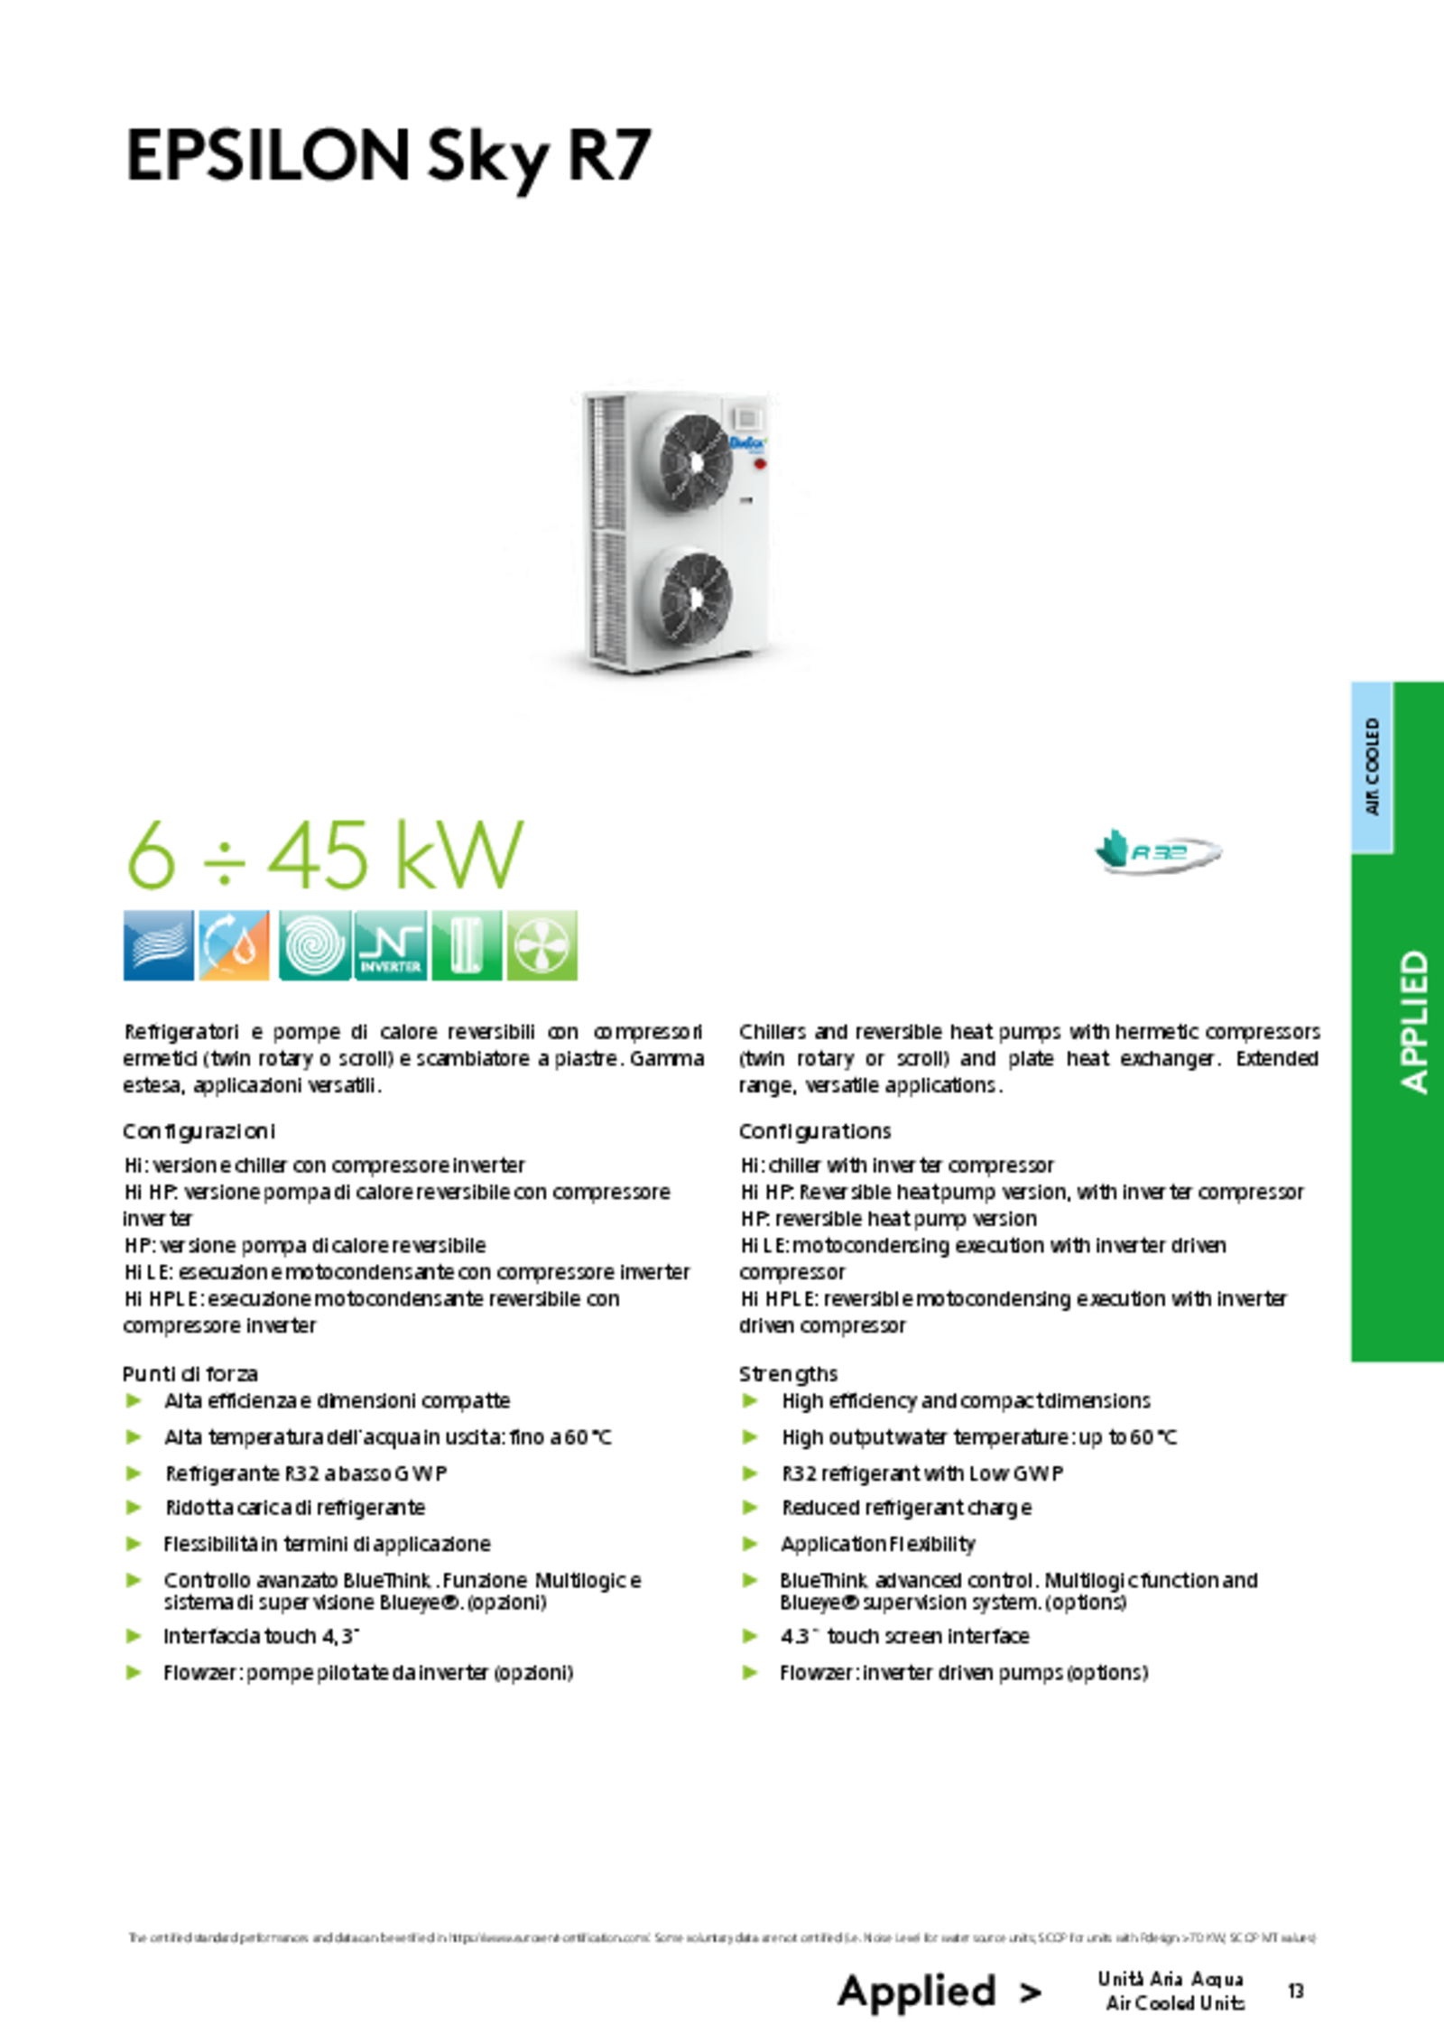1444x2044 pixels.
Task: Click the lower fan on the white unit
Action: [x=696, y=598]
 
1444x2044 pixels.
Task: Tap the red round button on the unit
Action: [x=759, y=464]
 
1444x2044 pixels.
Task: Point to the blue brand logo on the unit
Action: [x=747, y=442]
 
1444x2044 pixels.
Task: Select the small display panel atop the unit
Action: [x=750, y=418]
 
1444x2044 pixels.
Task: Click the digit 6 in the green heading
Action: [x=152, y=855]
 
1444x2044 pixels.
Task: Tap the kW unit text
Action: [x=459, y=855]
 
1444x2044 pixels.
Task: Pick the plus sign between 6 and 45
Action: [x=224, y=859]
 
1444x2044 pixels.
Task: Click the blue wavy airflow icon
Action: [x=158, y=944]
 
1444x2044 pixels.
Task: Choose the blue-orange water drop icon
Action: [x=235, y=944]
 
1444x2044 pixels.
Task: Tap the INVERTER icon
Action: [x=390, y=944]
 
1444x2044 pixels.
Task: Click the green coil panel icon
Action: [x=465, y=944]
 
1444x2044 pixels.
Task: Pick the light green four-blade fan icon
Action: [x=541, y=944]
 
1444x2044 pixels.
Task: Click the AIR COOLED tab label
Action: [x=1372, y=766]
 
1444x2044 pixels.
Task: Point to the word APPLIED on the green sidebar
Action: [x=1414, y=1022]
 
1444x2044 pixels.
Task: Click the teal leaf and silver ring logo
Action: [x=1157, y=850]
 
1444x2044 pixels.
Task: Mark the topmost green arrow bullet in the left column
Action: [x=134, y=1400]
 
